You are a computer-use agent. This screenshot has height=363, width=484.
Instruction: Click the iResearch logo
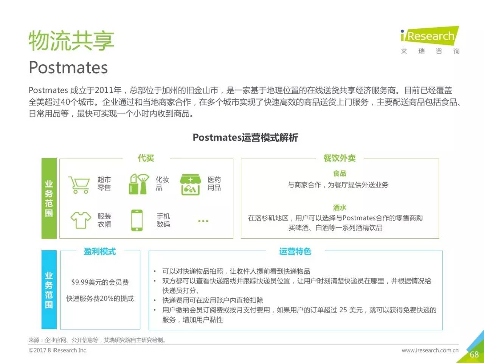(x=430, y=40)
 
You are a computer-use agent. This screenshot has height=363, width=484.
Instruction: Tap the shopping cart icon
(x=79, y=185)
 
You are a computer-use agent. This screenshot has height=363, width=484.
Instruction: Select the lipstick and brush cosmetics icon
(x=139, y=184)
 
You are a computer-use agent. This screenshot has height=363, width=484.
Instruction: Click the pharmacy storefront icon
(x=191, y=185)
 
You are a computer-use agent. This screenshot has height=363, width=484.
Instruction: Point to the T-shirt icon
(x=81, y=220)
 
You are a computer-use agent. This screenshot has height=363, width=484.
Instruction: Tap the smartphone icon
(x=137, y=220)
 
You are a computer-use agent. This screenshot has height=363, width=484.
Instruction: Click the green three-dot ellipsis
(x=203, y=221)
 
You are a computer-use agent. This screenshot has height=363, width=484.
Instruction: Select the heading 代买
(x=146, y=158)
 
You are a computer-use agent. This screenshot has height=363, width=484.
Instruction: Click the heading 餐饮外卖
(x=339, y=158)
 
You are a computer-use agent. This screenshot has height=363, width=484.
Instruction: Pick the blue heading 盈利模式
(x=100, y=251)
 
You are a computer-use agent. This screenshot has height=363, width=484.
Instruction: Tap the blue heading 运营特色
(x=295, y=251)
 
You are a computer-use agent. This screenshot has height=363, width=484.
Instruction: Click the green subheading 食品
(x=340, y=174)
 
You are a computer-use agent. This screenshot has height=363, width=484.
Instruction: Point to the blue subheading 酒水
(x=340, y=207)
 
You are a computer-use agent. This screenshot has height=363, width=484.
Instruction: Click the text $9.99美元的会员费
(x=100, y=282)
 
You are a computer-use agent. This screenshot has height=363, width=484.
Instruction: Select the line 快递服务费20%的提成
(x=100, y=298)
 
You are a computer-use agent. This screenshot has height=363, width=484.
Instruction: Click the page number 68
(x=474, y=354)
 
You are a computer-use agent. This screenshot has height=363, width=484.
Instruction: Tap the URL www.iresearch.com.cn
(x=430, y=350)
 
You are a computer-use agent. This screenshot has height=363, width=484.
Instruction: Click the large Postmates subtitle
(x=68, y=67)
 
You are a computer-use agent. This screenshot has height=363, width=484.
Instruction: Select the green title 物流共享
(x=71, y=40)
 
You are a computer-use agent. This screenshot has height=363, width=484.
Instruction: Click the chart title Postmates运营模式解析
(x=245, y=138)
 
